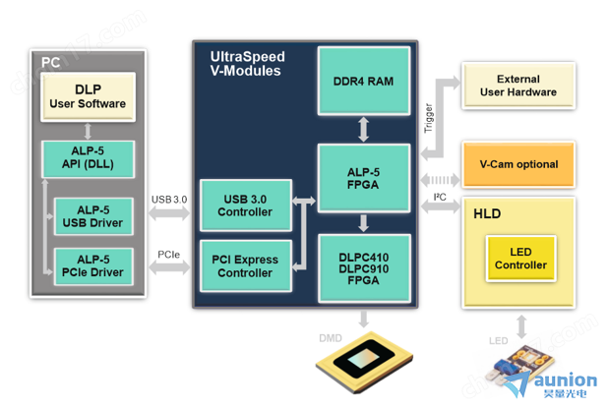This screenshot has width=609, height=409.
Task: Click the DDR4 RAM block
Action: pyautogui.click(x=364, y=81)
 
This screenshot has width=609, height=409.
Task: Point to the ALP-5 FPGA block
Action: pyautogui.click(x=364, y=177)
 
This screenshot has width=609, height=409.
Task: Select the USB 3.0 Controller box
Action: pyautogui.click(x=246, y=205)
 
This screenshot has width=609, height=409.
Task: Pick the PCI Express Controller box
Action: pyautogui.click(x=246, y=266)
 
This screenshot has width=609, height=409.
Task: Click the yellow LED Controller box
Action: pyautogui.click(x=520, y=259)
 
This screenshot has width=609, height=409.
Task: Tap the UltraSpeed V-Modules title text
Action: pyautogui.click(x=245, y=64)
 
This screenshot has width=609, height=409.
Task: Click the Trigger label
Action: pyautogui.click(x=428, y=118)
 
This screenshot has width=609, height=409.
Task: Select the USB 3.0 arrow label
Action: pyautogui.click(x=169, y=200)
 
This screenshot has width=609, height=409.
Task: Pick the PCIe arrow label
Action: pyautogui.click(x=168, y=255)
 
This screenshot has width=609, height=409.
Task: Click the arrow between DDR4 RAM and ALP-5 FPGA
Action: pyautogui.click(x=364, y=127)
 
